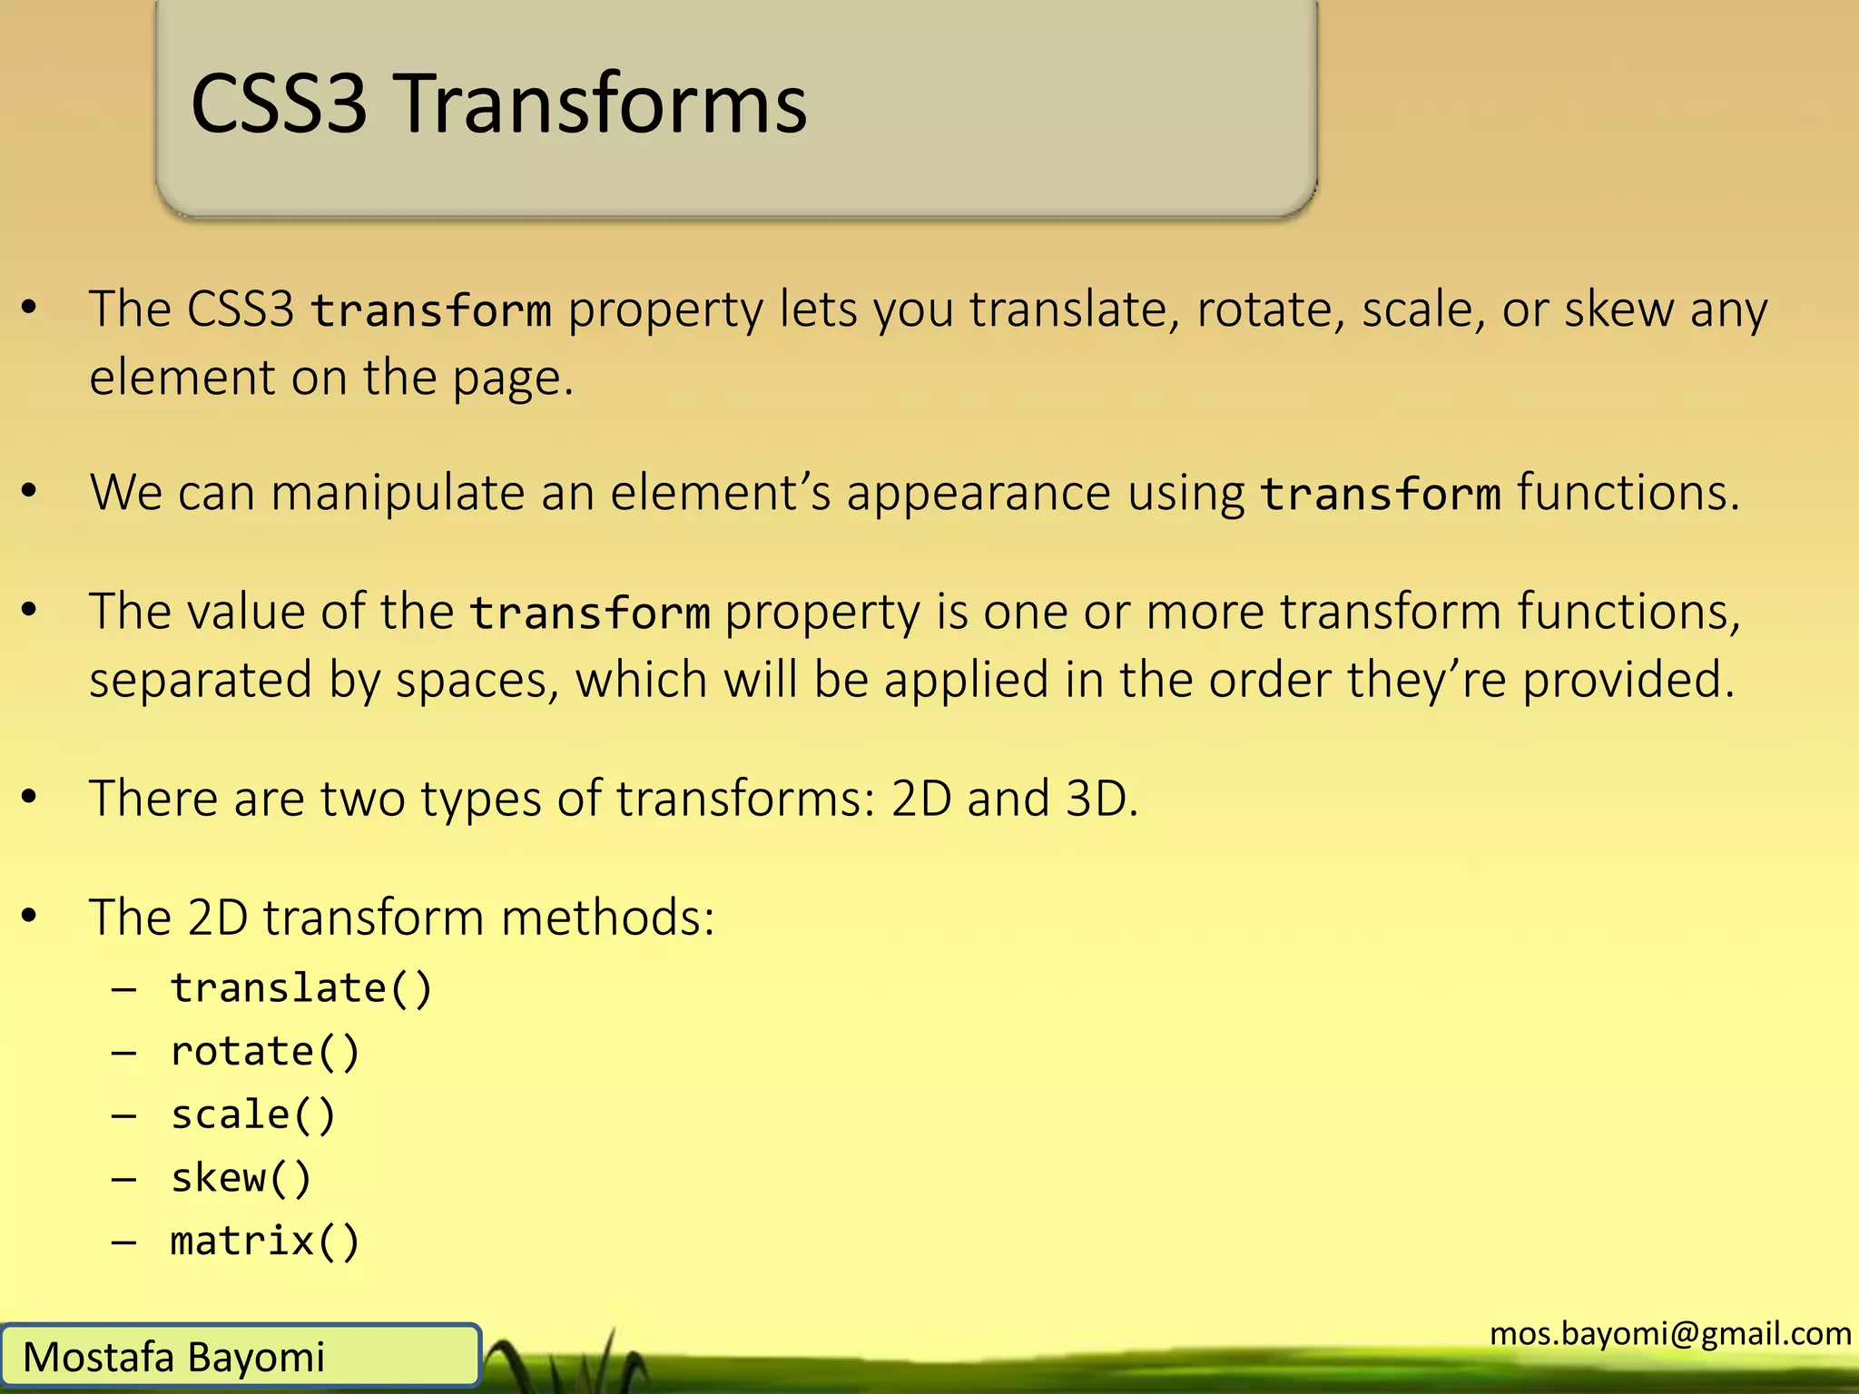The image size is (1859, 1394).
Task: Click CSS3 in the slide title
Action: [280, 104]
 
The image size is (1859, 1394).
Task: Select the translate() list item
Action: [301, 988]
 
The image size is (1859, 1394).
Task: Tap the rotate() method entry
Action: [265, 1052]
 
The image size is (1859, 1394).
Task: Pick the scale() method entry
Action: [253, 1115]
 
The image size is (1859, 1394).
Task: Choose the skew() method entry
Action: [241, 1178]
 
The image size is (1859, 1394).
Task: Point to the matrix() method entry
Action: [265, 1242]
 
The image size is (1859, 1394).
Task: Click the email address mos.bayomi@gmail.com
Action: [1670, 1333]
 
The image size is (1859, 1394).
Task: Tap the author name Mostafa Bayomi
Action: [173, 1358]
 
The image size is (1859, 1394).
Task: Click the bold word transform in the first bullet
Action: [431, 310]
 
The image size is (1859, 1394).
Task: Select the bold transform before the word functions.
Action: [1380, 495]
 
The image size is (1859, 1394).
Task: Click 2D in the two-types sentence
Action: [920, 799]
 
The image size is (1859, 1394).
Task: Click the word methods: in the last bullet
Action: [607, 918]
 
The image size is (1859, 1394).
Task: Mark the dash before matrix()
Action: [124, 1242]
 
